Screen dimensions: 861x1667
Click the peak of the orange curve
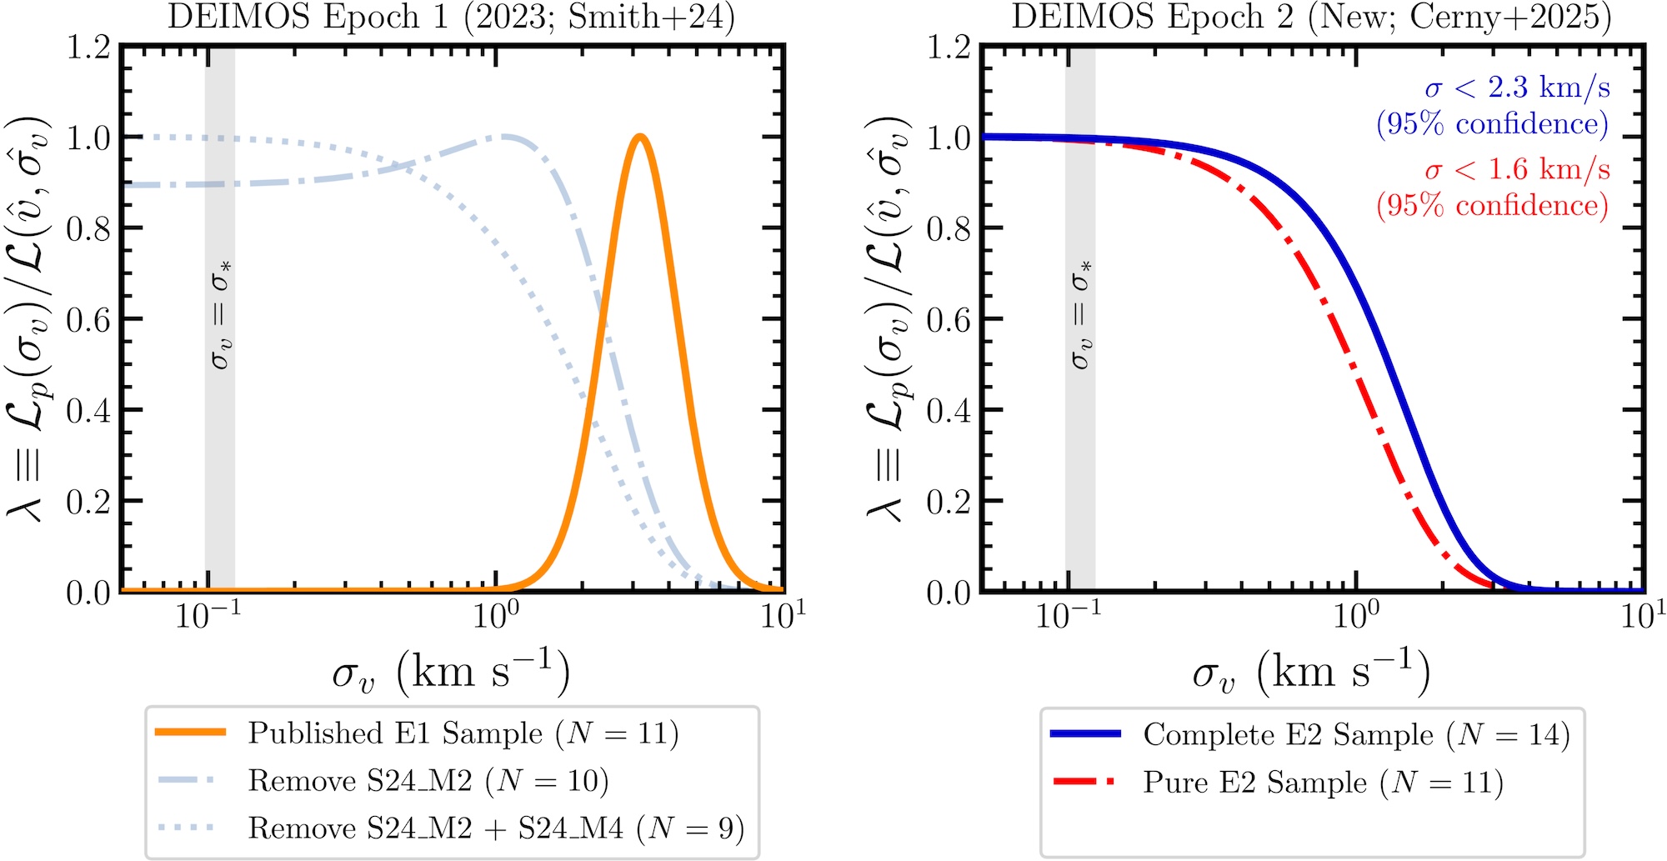click(x=639, y=137)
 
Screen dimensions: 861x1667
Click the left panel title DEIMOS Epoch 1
click(x=451, y=17)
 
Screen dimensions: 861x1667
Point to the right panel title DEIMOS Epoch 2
click(x=1311, y=17)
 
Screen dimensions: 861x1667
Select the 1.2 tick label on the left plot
click(x=88, y=48)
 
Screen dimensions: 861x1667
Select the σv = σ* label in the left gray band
click(x=221, y=314)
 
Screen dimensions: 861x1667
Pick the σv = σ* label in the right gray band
click(x=1081, y=314)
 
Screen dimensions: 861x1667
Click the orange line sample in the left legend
click(x=191, y=733)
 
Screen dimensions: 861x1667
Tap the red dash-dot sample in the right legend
click(x=1084, y=782)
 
